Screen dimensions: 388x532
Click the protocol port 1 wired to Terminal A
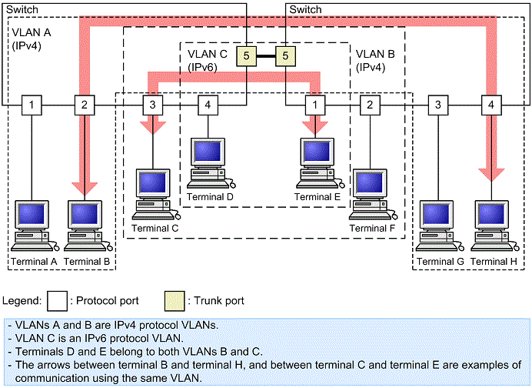(x=32, y=104)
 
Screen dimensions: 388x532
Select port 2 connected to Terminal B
(x=85, y=104)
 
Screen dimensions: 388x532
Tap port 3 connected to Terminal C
(x=153, y=104)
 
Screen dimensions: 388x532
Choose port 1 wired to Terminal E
(x=314, y=104)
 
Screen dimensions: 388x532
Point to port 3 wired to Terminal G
(x=438, y=104)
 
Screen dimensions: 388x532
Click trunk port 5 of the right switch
(x=285, y=55)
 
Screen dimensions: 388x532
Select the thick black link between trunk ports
(x=265, y=55)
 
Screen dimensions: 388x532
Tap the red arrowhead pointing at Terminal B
(x=85, y=189)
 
